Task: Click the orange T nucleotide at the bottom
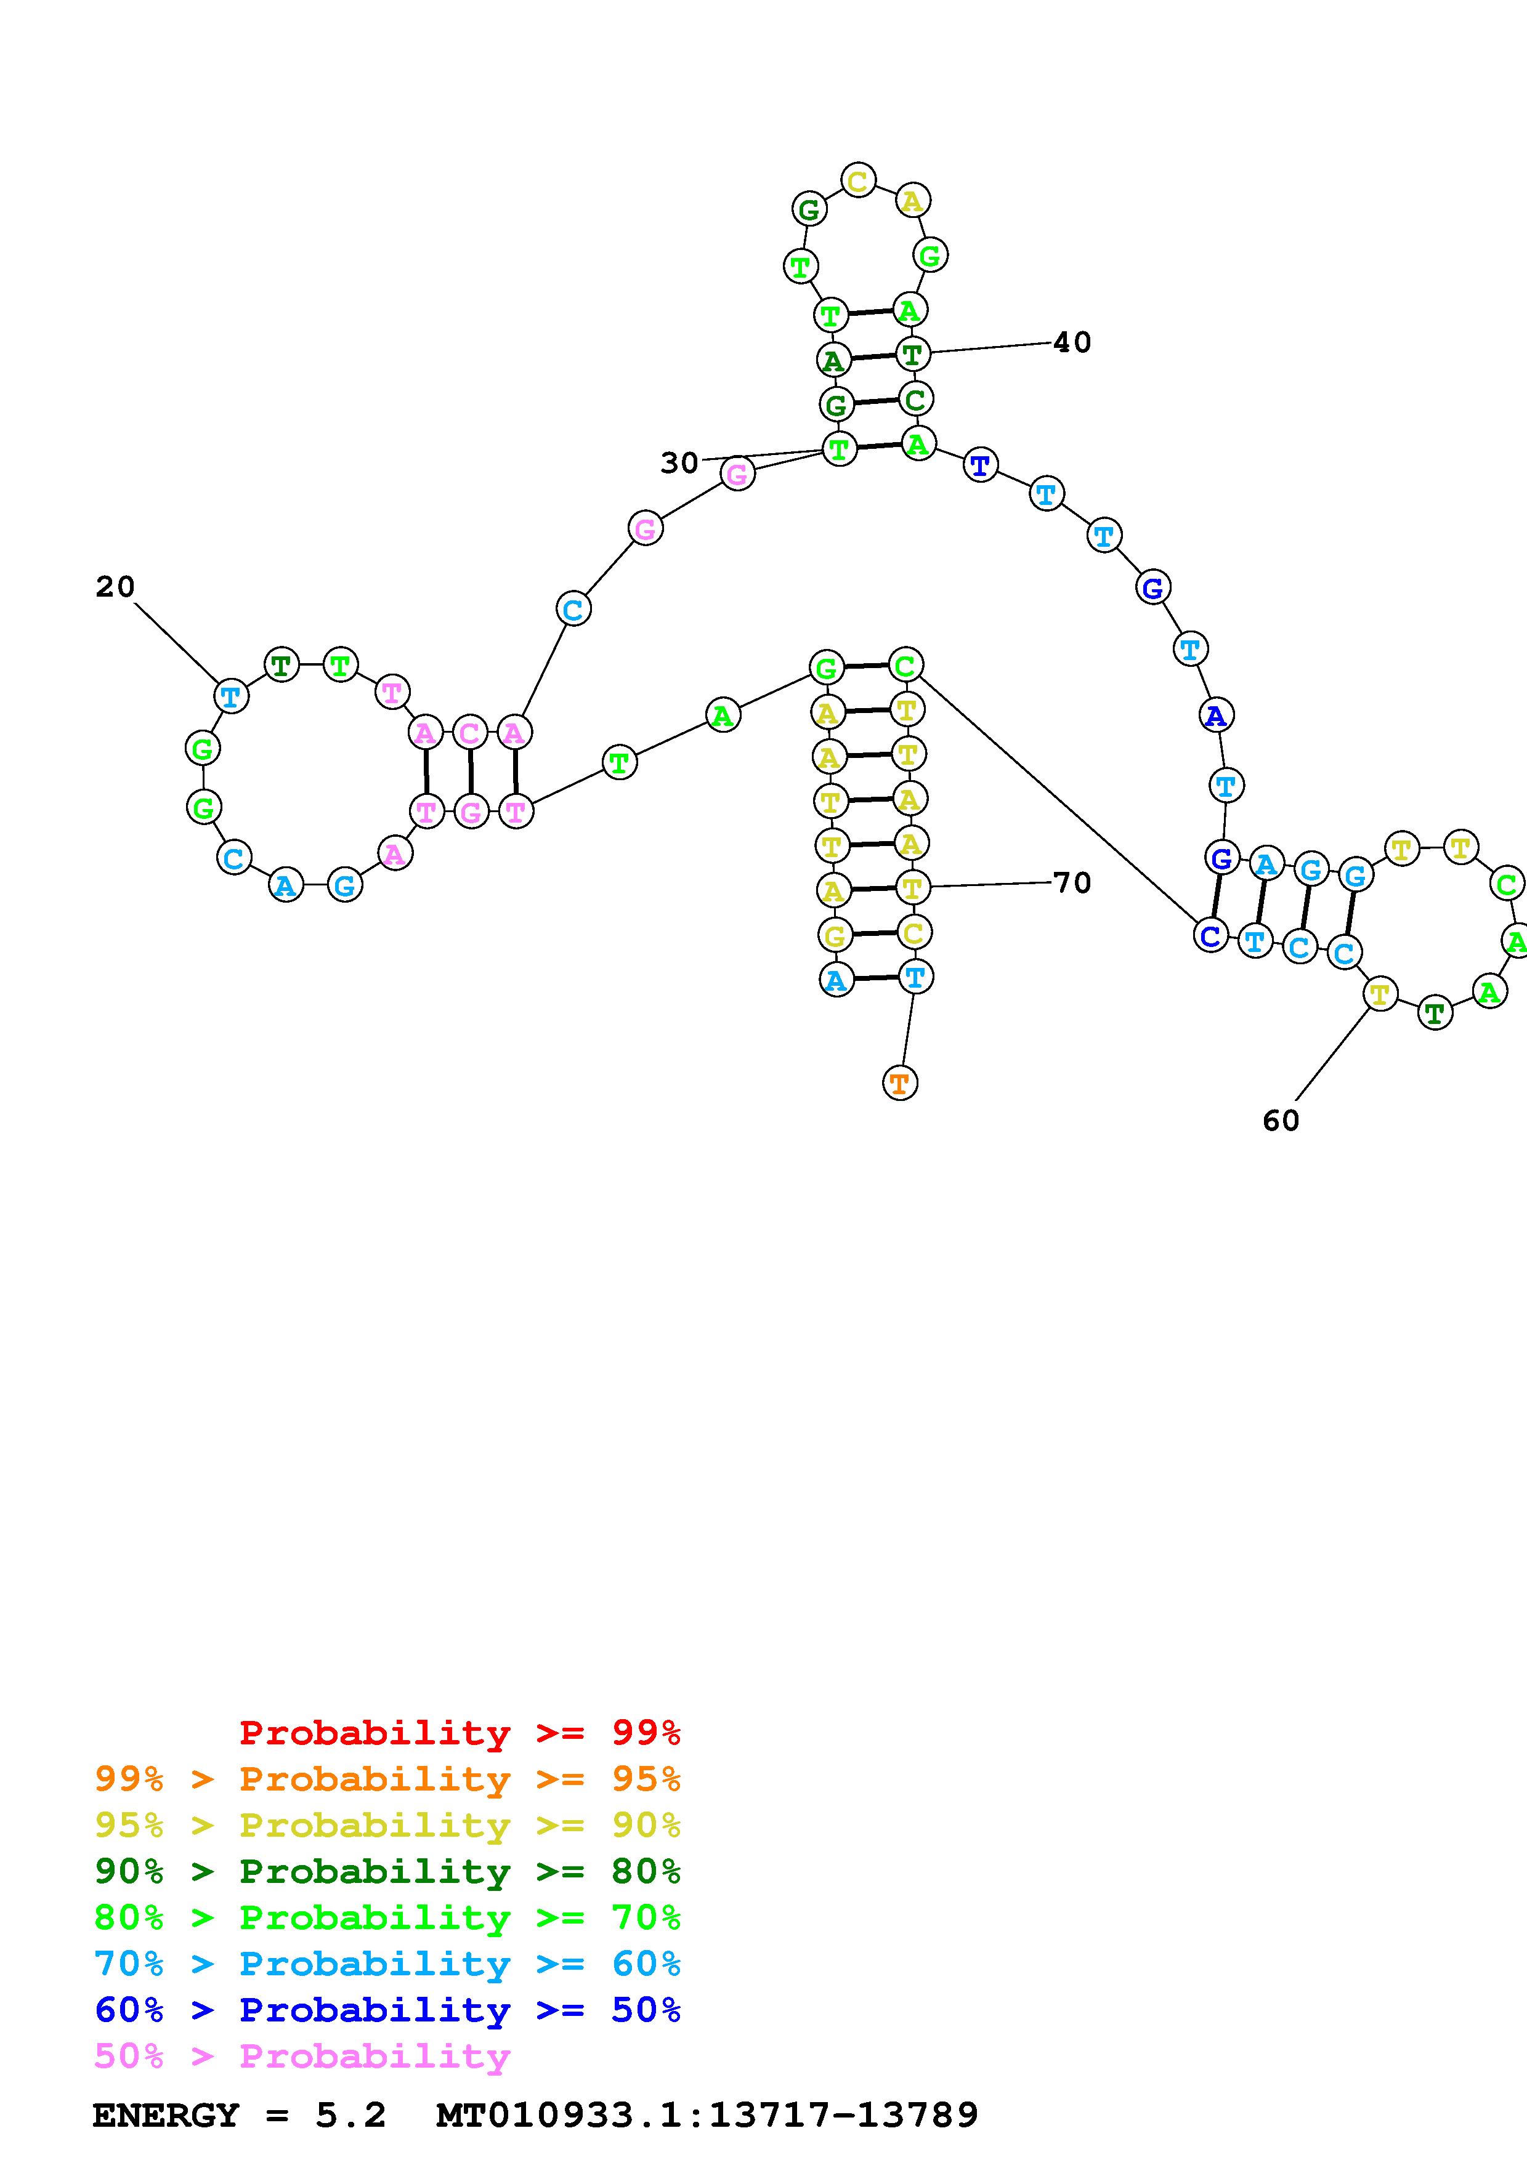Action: pos(899,1083)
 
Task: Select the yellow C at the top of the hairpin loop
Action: pos(857,180)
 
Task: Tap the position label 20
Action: pos(115,587)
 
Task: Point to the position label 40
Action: pos(1072,342)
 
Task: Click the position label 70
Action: pos(1072,882)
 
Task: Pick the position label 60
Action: pos(1281,1121)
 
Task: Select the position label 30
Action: pos(678,463)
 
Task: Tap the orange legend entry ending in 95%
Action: pos(387,1779)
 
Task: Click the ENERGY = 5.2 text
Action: pos(239,2116)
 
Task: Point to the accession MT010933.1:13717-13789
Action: pos(707,2116)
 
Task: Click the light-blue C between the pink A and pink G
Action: pos(572,610)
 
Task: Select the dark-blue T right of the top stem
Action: pos(981,465)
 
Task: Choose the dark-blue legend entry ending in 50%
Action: pos(387,2010)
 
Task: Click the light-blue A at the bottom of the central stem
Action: pos(835,980)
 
